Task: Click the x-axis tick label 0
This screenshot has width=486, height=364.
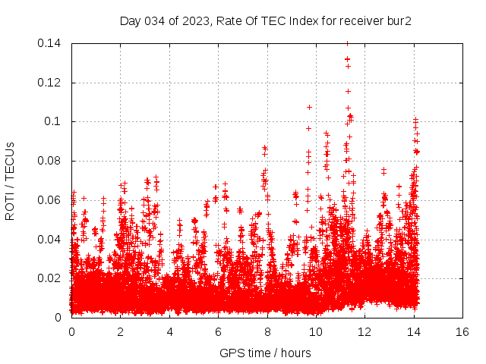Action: coord(71,332)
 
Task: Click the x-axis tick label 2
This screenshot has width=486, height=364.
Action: coord(120,332)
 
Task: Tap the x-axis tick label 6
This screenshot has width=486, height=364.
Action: coord(218,332)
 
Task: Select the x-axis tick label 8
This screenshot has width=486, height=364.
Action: coord(267,332)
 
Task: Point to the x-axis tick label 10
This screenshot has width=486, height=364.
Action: coord(316,332)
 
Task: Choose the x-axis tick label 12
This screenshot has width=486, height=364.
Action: coord(364,332)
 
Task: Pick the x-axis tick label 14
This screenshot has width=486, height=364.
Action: coord(414,332)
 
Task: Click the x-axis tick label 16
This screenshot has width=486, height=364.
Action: coord(462,332)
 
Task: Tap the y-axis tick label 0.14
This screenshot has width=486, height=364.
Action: coord(51,43)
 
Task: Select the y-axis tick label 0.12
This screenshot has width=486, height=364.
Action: coord(51,82)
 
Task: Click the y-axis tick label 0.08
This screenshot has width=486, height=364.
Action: coord(51,161)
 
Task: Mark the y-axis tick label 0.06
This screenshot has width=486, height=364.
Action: coord(51,200)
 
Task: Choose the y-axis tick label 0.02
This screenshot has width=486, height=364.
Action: coord(51,278)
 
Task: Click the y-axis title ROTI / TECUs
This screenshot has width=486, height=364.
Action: coord(10,180)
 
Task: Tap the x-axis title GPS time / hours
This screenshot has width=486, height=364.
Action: coord(266,353)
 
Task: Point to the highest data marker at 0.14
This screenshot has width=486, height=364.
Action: coord(347,43)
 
